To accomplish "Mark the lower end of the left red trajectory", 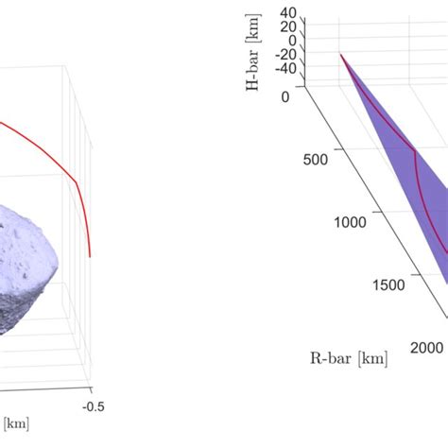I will coord(91,255).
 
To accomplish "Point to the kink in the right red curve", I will coord(414,149).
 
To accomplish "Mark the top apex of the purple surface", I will coord(341,55).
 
